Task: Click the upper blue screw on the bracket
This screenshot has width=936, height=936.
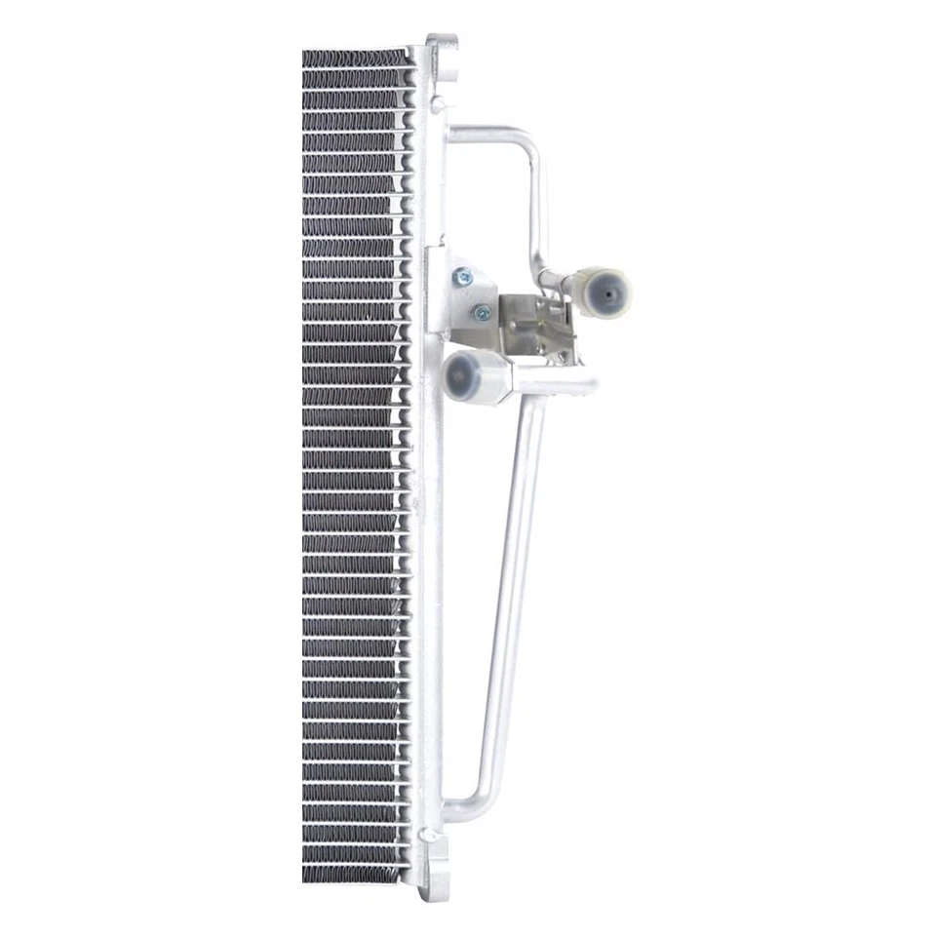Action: tap(463, 277)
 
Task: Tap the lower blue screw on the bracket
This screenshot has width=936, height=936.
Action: tap(481, 313)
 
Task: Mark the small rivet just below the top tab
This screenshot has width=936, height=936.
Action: tap(439, 102)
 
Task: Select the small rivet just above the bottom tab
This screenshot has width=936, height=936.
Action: tap(429, 836)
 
